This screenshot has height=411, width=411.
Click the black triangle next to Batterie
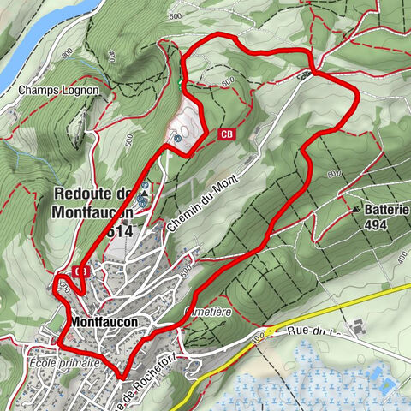point(355,208)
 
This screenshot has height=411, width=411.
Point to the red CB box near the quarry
point(227,134)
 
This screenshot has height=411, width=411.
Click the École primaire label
point(64,363)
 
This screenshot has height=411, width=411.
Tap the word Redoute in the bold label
point(86,194)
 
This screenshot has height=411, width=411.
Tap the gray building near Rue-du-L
point(357,326)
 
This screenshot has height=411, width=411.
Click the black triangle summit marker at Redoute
point(143,194)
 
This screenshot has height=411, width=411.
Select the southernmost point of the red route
point(122,376)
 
